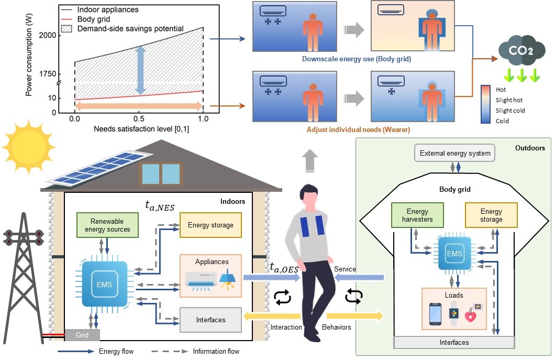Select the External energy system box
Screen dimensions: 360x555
point(454,154)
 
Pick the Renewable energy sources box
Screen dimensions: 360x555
point(107,225)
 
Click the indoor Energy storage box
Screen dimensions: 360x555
point(210,225)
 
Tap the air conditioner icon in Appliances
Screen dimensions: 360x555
point(199,280)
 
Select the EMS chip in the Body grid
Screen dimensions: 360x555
point(454,253)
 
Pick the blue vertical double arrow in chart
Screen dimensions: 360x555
point(139,70)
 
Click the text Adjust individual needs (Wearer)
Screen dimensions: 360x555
point(356,129)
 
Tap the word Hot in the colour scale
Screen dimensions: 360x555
point(501,90)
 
